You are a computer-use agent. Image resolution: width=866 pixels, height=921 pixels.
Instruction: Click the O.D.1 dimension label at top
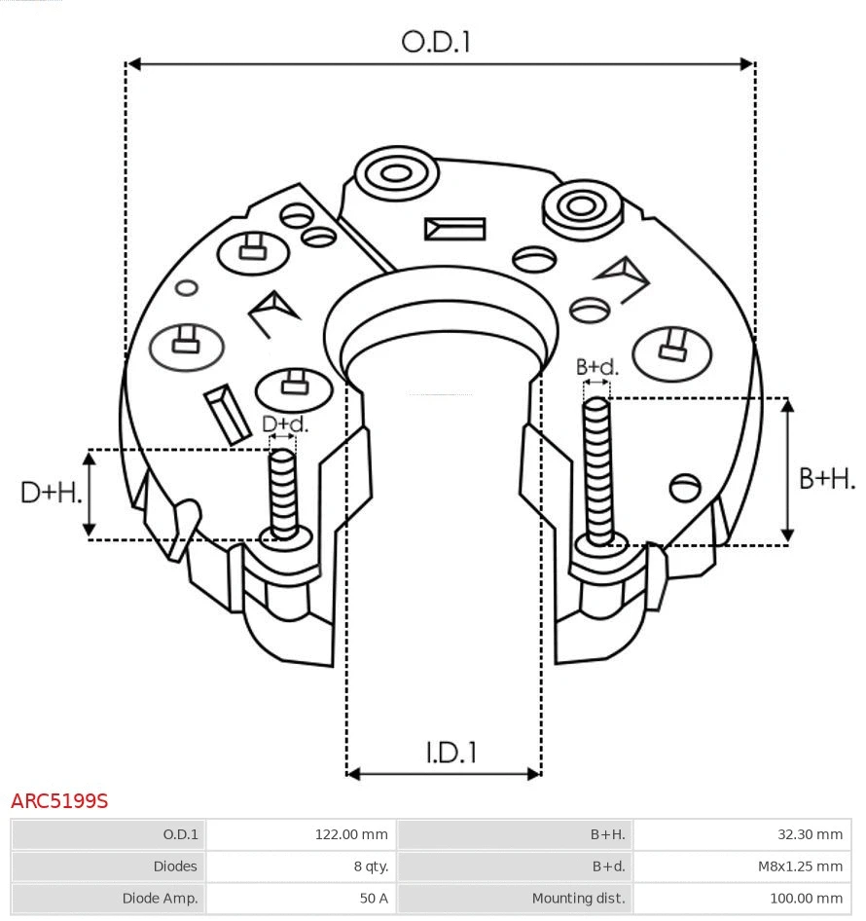[436, 41]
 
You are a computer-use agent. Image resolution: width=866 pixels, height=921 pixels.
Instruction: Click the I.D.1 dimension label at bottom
[451, 752]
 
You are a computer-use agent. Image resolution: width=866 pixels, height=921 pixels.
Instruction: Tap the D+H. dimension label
[51, 493]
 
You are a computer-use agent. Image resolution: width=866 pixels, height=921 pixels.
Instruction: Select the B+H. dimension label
[826, 478]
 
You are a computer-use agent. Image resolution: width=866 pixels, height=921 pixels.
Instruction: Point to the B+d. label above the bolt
[596, 367]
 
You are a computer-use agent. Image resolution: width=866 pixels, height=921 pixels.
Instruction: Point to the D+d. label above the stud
[285, 424]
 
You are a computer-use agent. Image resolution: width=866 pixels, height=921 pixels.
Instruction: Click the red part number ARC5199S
[59, 801]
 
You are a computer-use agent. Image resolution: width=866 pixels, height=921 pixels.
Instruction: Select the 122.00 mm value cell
[350, 834]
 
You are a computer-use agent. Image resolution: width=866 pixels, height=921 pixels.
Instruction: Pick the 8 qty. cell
[370, 866]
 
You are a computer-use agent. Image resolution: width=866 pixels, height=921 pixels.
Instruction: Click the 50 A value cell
[374, 899]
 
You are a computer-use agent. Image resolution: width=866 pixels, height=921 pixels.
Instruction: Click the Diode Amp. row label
[160, 899]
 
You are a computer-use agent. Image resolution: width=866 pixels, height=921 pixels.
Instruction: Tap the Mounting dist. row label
[578, 899]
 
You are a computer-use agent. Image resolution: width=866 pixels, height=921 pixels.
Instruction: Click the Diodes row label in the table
[175, 866]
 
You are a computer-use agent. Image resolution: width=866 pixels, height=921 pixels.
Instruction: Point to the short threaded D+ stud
[283, 492]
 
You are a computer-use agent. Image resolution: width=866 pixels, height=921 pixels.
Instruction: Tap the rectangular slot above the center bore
[454, 229]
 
